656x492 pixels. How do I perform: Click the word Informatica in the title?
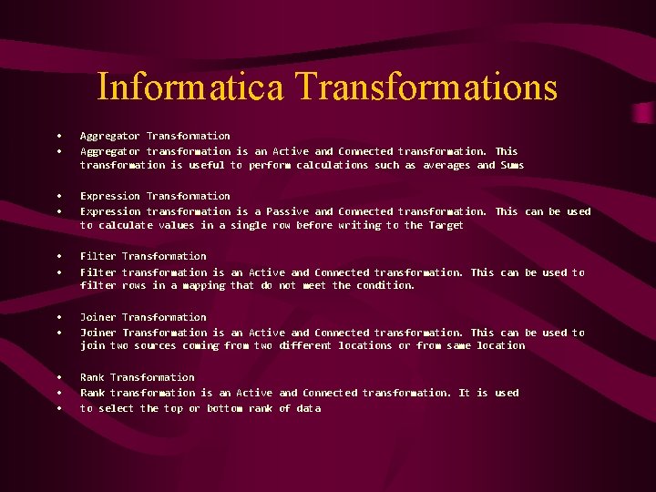[x=191, y=87]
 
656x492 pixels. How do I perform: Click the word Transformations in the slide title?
[x=426, y=87]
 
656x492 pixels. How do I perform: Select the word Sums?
[x=512, y=165]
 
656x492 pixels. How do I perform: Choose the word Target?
[x=446, y=225]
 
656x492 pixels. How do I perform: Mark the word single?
[x=248, y=225]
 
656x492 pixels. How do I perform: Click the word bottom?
[x=224, y=408]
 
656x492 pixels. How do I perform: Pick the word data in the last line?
[x=309, y=408]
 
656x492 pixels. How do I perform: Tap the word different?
[x=302, y=345]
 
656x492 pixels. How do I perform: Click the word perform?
[x=270, y=165]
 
